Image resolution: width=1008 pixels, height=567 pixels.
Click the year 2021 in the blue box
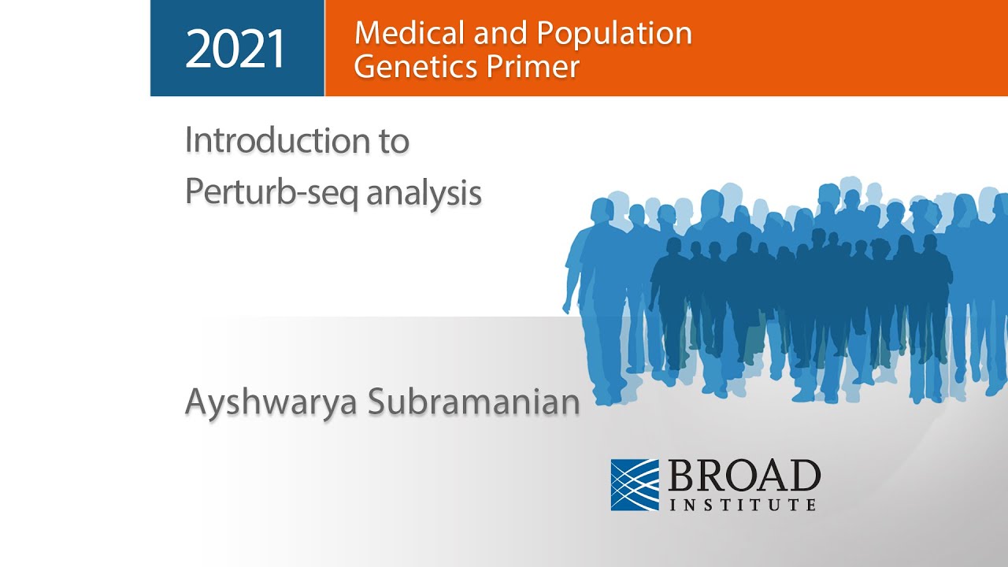(235, 49)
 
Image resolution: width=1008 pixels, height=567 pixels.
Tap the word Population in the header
(613, 33)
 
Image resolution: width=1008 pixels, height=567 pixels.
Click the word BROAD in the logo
(744, 476)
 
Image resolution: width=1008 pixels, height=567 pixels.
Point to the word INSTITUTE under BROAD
(743, 503)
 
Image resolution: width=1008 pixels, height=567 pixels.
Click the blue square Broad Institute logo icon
(635, 484)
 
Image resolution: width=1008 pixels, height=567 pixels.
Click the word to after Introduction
(390, 142)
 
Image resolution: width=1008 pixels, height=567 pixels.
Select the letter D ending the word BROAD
(804, 476)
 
